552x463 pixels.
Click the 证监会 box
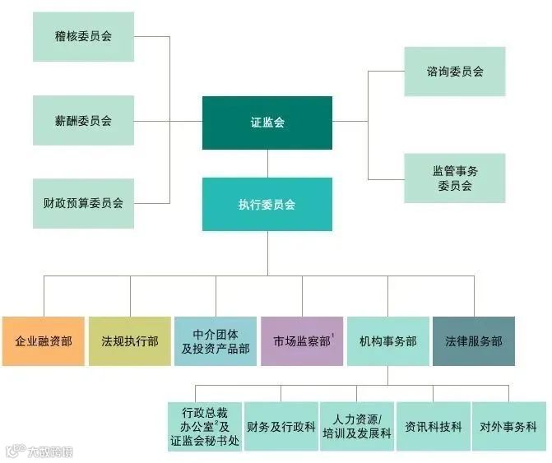tap(267, 123)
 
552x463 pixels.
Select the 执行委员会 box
tap(267, 204)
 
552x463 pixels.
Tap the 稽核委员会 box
tap(83, 37)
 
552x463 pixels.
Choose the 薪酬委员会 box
tap(83, 120)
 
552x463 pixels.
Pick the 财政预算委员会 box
tap(83, 202)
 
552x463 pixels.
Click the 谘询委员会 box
tap(454, 72)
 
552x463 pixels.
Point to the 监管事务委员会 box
tap(454, 178)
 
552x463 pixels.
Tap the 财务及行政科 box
tap(281, 427)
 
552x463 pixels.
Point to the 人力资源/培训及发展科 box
tap(357, 427)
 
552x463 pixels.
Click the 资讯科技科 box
tap(434, 427)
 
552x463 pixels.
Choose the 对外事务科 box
tap(508, 427)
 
